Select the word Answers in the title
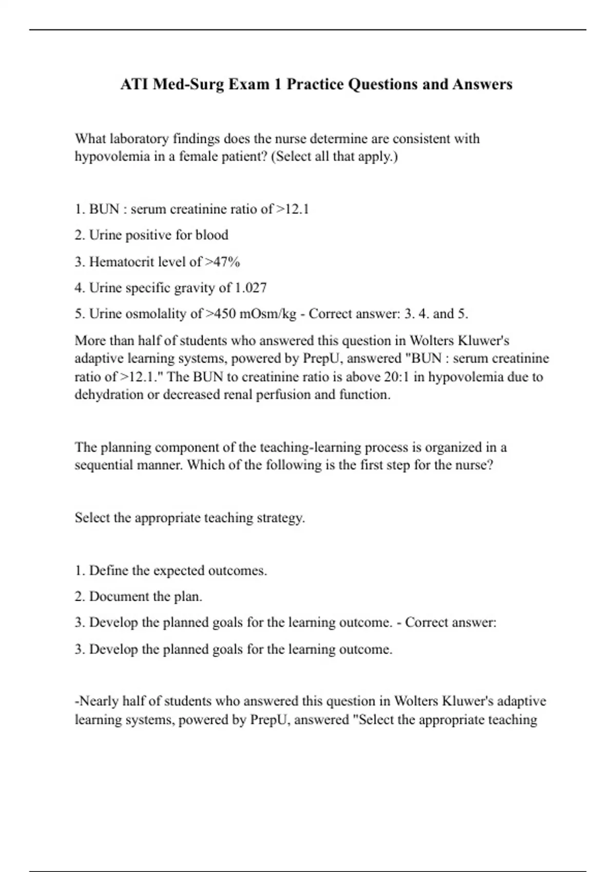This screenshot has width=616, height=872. (482, 84)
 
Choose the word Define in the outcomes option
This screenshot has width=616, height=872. (105, 570)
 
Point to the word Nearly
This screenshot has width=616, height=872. (98, 701)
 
